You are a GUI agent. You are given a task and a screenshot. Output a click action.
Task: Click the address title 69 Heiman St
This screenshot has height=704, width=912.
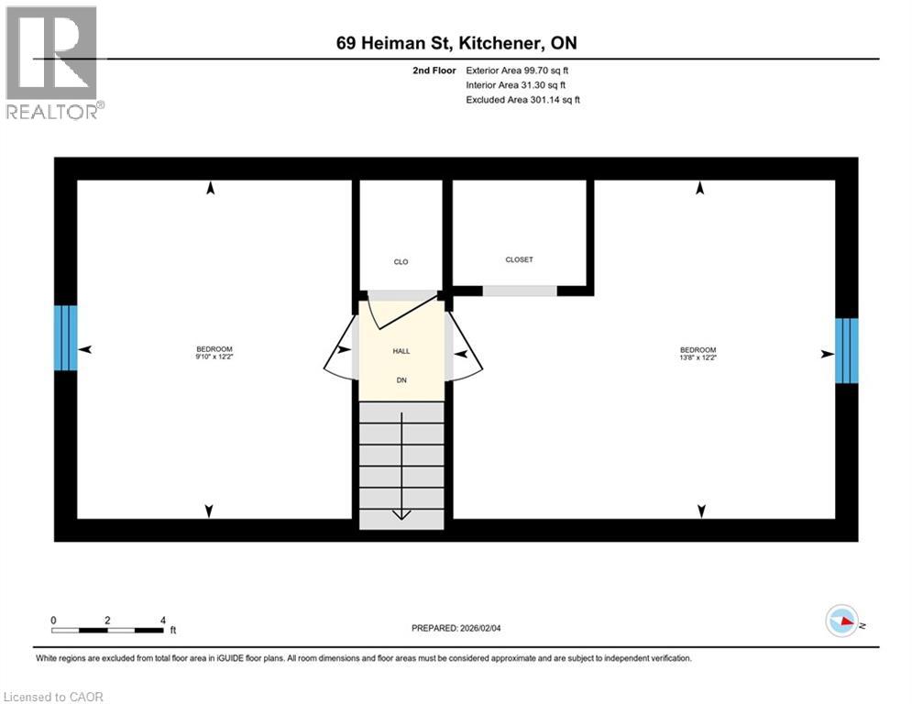[x=456, y=43]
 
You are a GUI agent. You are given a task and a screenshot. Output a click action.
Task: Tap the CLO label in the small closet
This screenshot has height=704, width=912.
[x=401, y=262]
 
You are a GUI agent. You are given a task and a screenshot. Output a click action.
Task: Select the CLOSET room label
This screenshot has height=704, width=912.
[x=519, y=259]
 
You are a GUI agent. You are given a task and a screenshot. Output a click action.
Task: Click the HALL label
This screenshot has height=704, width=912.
[x=401, y=351]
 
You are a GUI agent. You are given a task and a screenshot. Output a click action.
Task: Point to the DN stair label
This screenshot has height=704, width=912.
[x=401, y=379]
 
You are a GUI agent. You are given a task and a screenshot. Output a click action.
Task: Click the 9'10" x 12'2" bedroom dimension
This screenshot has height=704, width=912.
[x=214, y=357]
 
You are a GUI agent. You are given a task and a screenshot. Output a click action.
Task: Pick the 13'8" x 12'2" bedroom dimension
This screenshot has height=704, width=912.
[x=698, y=357]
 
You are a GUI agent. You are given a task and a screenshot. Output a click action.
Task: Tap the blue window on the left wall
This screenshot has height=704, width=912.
[x=66, y=337]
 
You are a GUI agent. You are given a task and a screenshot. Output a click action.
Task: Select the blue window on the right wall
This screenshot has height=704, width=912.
[x=846, y=350]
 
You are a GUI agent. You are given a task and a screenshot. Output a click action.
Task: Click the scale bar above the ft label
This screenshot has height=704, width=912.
[x=107, y=630]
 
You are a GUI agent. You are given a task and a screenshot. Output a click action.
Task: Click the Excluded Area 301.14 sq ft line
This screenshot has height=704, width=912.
[x=522, y=99]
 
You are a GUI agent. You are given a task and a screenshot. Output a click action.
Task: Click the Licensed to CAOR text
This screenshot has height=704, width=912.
[x=54, y=697]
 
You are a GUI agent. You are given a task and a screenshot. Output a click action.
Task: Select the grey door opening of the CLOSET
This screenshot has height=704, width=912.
[x=520, y=291]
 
